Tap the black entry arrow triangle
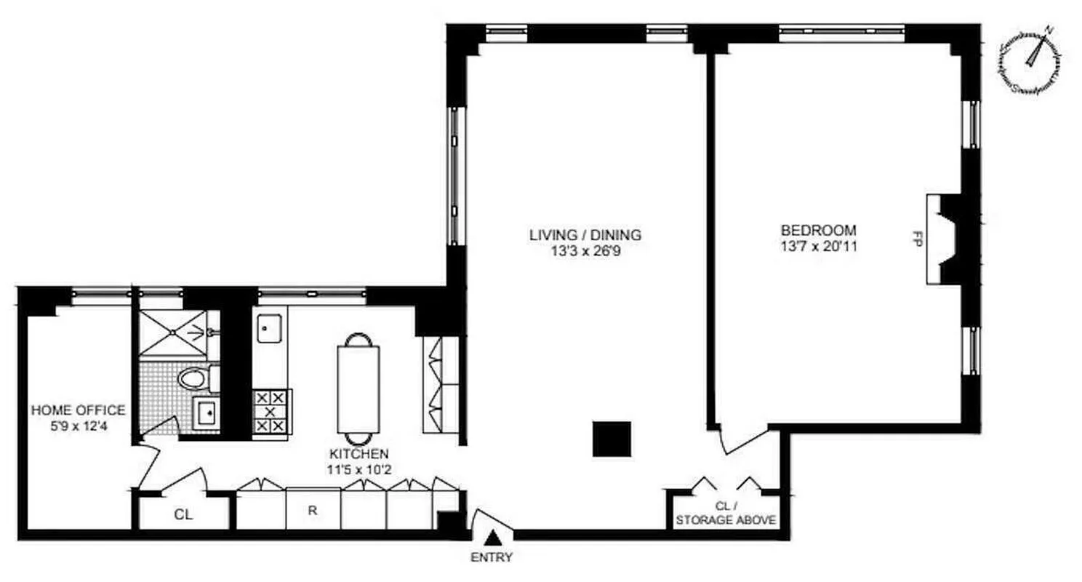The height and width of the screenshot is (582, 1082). (x=493, y=538)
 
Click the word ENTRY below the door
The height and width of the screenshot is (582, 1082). (x=493, y=558)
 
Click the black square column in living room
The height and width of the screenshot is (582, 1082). (x=611, y=439)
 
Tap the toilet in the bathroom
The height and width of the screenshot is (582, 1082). (x=194, y=378)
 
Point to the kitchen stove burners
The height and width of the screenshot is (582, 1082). (x=270, y=412)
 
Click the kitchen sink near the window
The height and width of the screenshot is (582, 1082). (x=270, y=329)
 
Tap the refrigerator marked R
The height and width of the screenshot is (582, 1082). (x=313, y=509)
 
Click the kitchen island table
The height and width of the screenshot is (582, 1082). (x=358, y=388)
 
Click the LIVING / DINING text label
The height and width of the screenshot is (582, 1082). (x=585, y=234)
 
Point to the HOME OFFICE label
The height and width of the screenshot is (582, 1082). (x=79, y=410)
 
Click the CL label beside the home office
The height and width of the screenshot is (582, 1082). (x=183, y=514)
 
